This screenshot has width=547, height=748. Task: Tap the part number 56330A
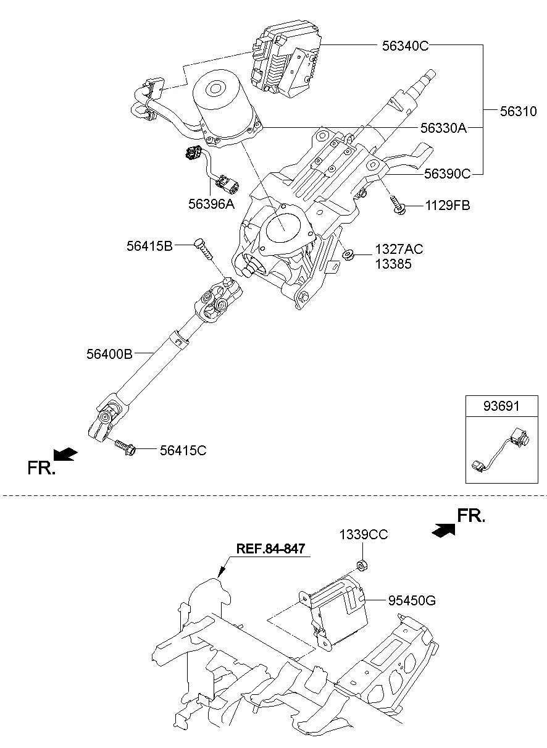pyautogui.click(x=443, y=128)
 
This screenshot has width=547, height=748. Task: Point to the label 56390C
pyautogui.click(x=447, y=175)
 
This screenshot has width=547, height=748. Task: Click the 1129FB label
pyautogui.click(x=447, y=206)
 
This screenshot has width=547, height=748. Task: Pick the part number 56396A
pyautogui.click(x=212, y=204)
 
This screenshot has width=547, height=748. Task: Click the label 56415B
pyautogui.click(x=149, y=246)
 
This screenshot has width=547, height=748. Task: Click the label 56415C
pyautogui.click(x=183, y=450)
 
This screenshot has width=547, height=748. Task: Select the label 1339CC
pyautogui.click(x=364, y=535)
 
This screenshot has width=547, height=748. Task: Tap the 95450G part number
pyautogui.click(x=412, y=600)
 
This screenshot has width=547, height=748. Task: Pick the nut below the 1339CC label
pyautogui.click(x=363, y=565)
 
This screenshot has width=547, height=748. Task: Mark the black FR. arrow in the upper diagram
pyautogui.click(x=65, y=455)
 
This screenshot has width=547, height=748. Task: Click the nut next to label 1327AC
pyautogui.click(x=348, y=255)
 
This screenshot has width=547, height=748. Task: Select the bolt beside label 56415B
pyautogui.click(x=203, y=250)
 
